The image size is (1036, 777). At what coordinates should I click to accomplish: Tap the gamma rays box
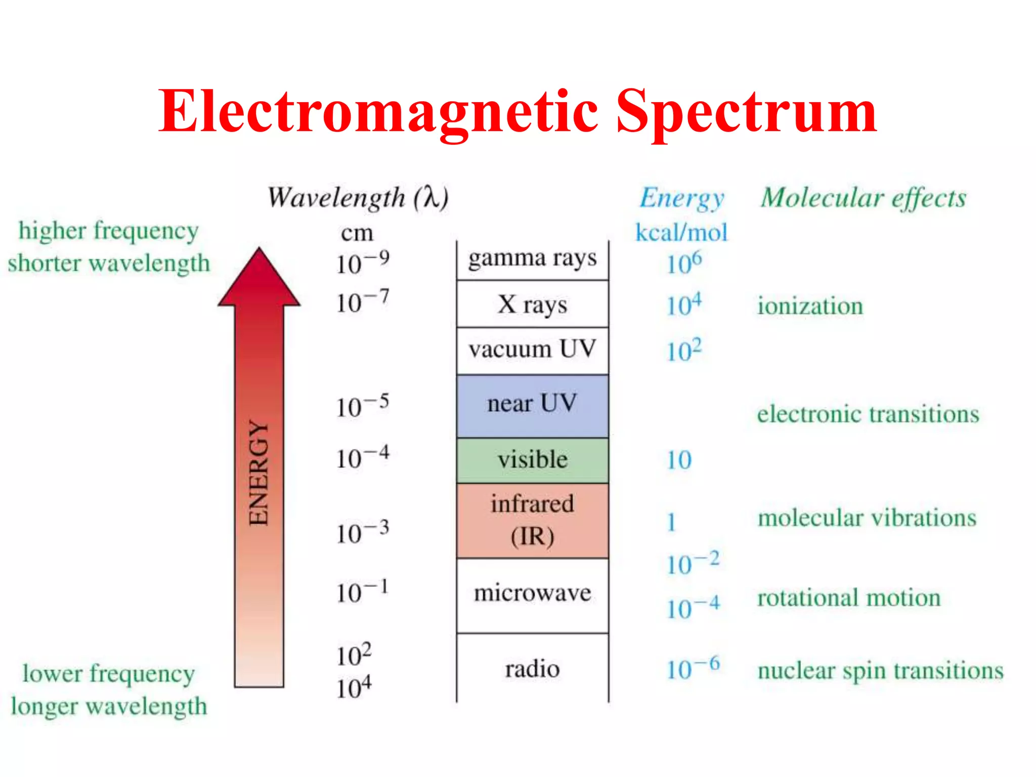tap(532, 259)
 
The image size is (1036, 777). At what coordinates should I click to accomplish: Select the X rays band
tap(532, 305)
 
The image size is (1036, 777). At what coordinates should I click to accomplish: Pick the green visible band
tap(532, 460)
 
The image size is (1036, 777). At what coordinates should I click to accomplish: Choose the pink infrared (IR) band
tap(532, 520)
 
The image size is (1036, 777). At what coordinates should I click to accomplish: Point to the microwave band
tap(532, 593)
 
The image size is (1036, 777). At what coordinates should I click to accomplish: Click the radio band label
tap(532, 669)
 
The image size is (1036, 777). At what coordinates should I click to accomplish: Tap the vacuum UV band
tap(532, 350)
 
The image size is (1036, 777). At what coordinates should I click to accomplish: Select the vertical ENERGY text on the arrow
tap(259, 473)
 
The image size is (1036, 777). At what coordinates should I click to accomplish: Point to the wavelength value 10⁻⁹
tap(363, 263)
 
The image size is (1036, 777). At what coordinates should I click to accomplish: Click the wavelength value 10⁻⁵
tap(363, 406)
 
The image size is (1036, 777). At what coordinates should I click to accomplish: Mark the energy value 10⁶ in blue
tap(684, 263)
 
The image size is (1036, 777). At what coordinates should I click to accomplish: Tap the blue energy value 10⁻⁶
tap(693, 669)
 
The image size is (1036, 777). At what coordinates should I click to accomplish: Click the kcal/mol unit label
tap(681, 233)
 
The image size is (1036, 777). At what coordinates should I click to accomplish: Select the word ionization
tap(810, 306)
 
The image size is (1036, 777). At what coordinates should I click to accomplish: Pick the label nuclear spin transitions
tap(880, 671)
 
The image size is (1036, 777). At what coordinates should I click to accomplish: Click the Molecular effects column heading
tap(864, 198)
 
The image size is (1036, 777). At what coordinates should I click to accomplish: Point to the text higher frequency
tap(108, 231)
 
